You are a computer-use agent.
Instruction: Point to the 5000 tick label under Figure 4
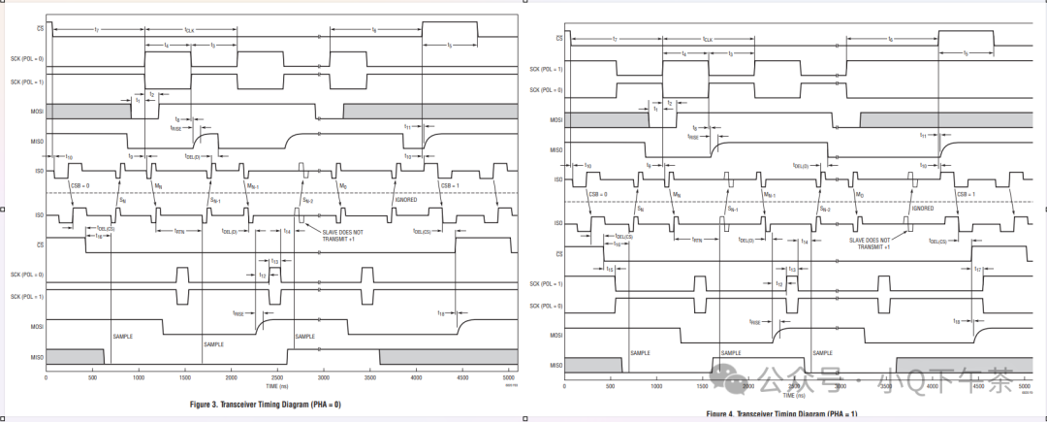(x=1025, y=385)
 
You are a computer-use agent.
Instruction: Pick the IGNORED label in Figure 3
(x=405, y=199)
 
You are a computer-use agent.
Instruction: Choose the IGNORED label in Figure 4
(x=922, y=208)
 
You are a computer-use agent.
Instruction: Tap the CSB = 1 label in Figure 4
(x=967, y=194)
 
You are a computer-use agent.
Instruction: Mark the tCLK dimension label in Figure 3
(x=190, y=30)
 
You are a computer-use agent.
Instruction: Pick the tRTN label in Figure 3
(x=179, y=231)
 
